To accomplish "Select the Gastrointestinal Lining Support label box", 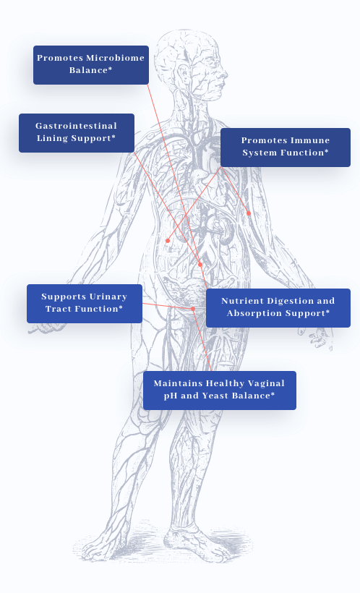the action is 77,133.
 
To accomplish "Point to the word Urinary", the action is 106,297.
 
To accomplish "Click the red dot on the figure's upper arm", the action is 249,213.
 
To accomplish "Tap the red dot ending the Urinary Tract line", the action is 193,309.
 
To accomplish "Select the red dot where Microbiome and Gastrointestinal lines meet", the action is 200,265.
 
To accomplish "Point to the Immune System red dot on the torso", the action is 168,241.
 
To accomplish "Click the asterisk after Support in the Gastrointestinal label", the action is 113,137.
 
